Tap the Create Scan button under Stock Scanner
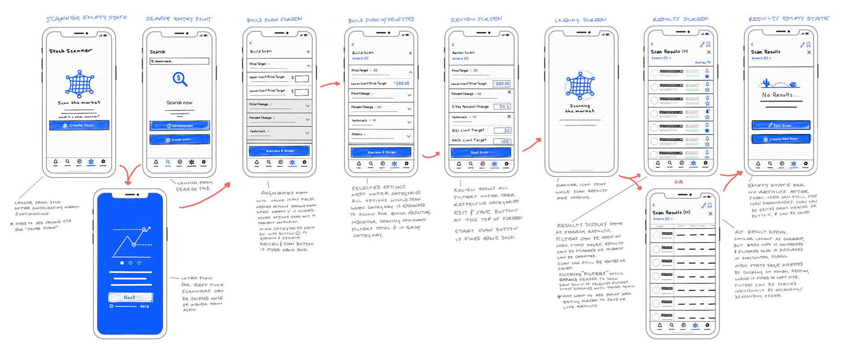pyautogui.click(x=79, y=125)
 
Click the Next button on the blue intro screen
pyautogui.click(x=130, y=297)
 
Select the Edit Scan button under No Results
pyautogui.click(x=781, y=125)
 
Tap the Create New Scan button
pyautogui.click(x=781, y=139)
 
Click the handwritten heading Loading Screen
pyautogui.click(x=580, y=20)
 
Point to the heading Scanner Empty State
pyautogui.click(x=87, y=18)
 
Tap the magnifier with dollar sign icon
pyautogui.click(x=180, y=79)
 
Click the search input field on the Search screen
pyautogui.click(x=179, y=61)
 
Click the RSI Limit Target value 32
pyautogui.click(x=502, y=130)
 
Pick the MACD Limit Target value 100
pyautogui.click(x=502, y=141)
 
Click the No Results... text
pyautogui.click(x=780, y=95)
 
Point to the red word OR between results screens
pyautogui.click(x=678, y=182)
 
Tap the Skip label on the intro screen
pyautogui.click(x=144, y=306)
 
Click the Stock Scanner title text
pyautogui.click(x=70, y=51)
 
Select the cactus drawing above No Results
pyautogui.click(x=766, y=83)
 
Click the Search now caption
pyautogui.click(x=179, y=103)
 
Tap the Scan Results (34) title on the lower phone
pyautogui.click(x=671, y=213)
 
